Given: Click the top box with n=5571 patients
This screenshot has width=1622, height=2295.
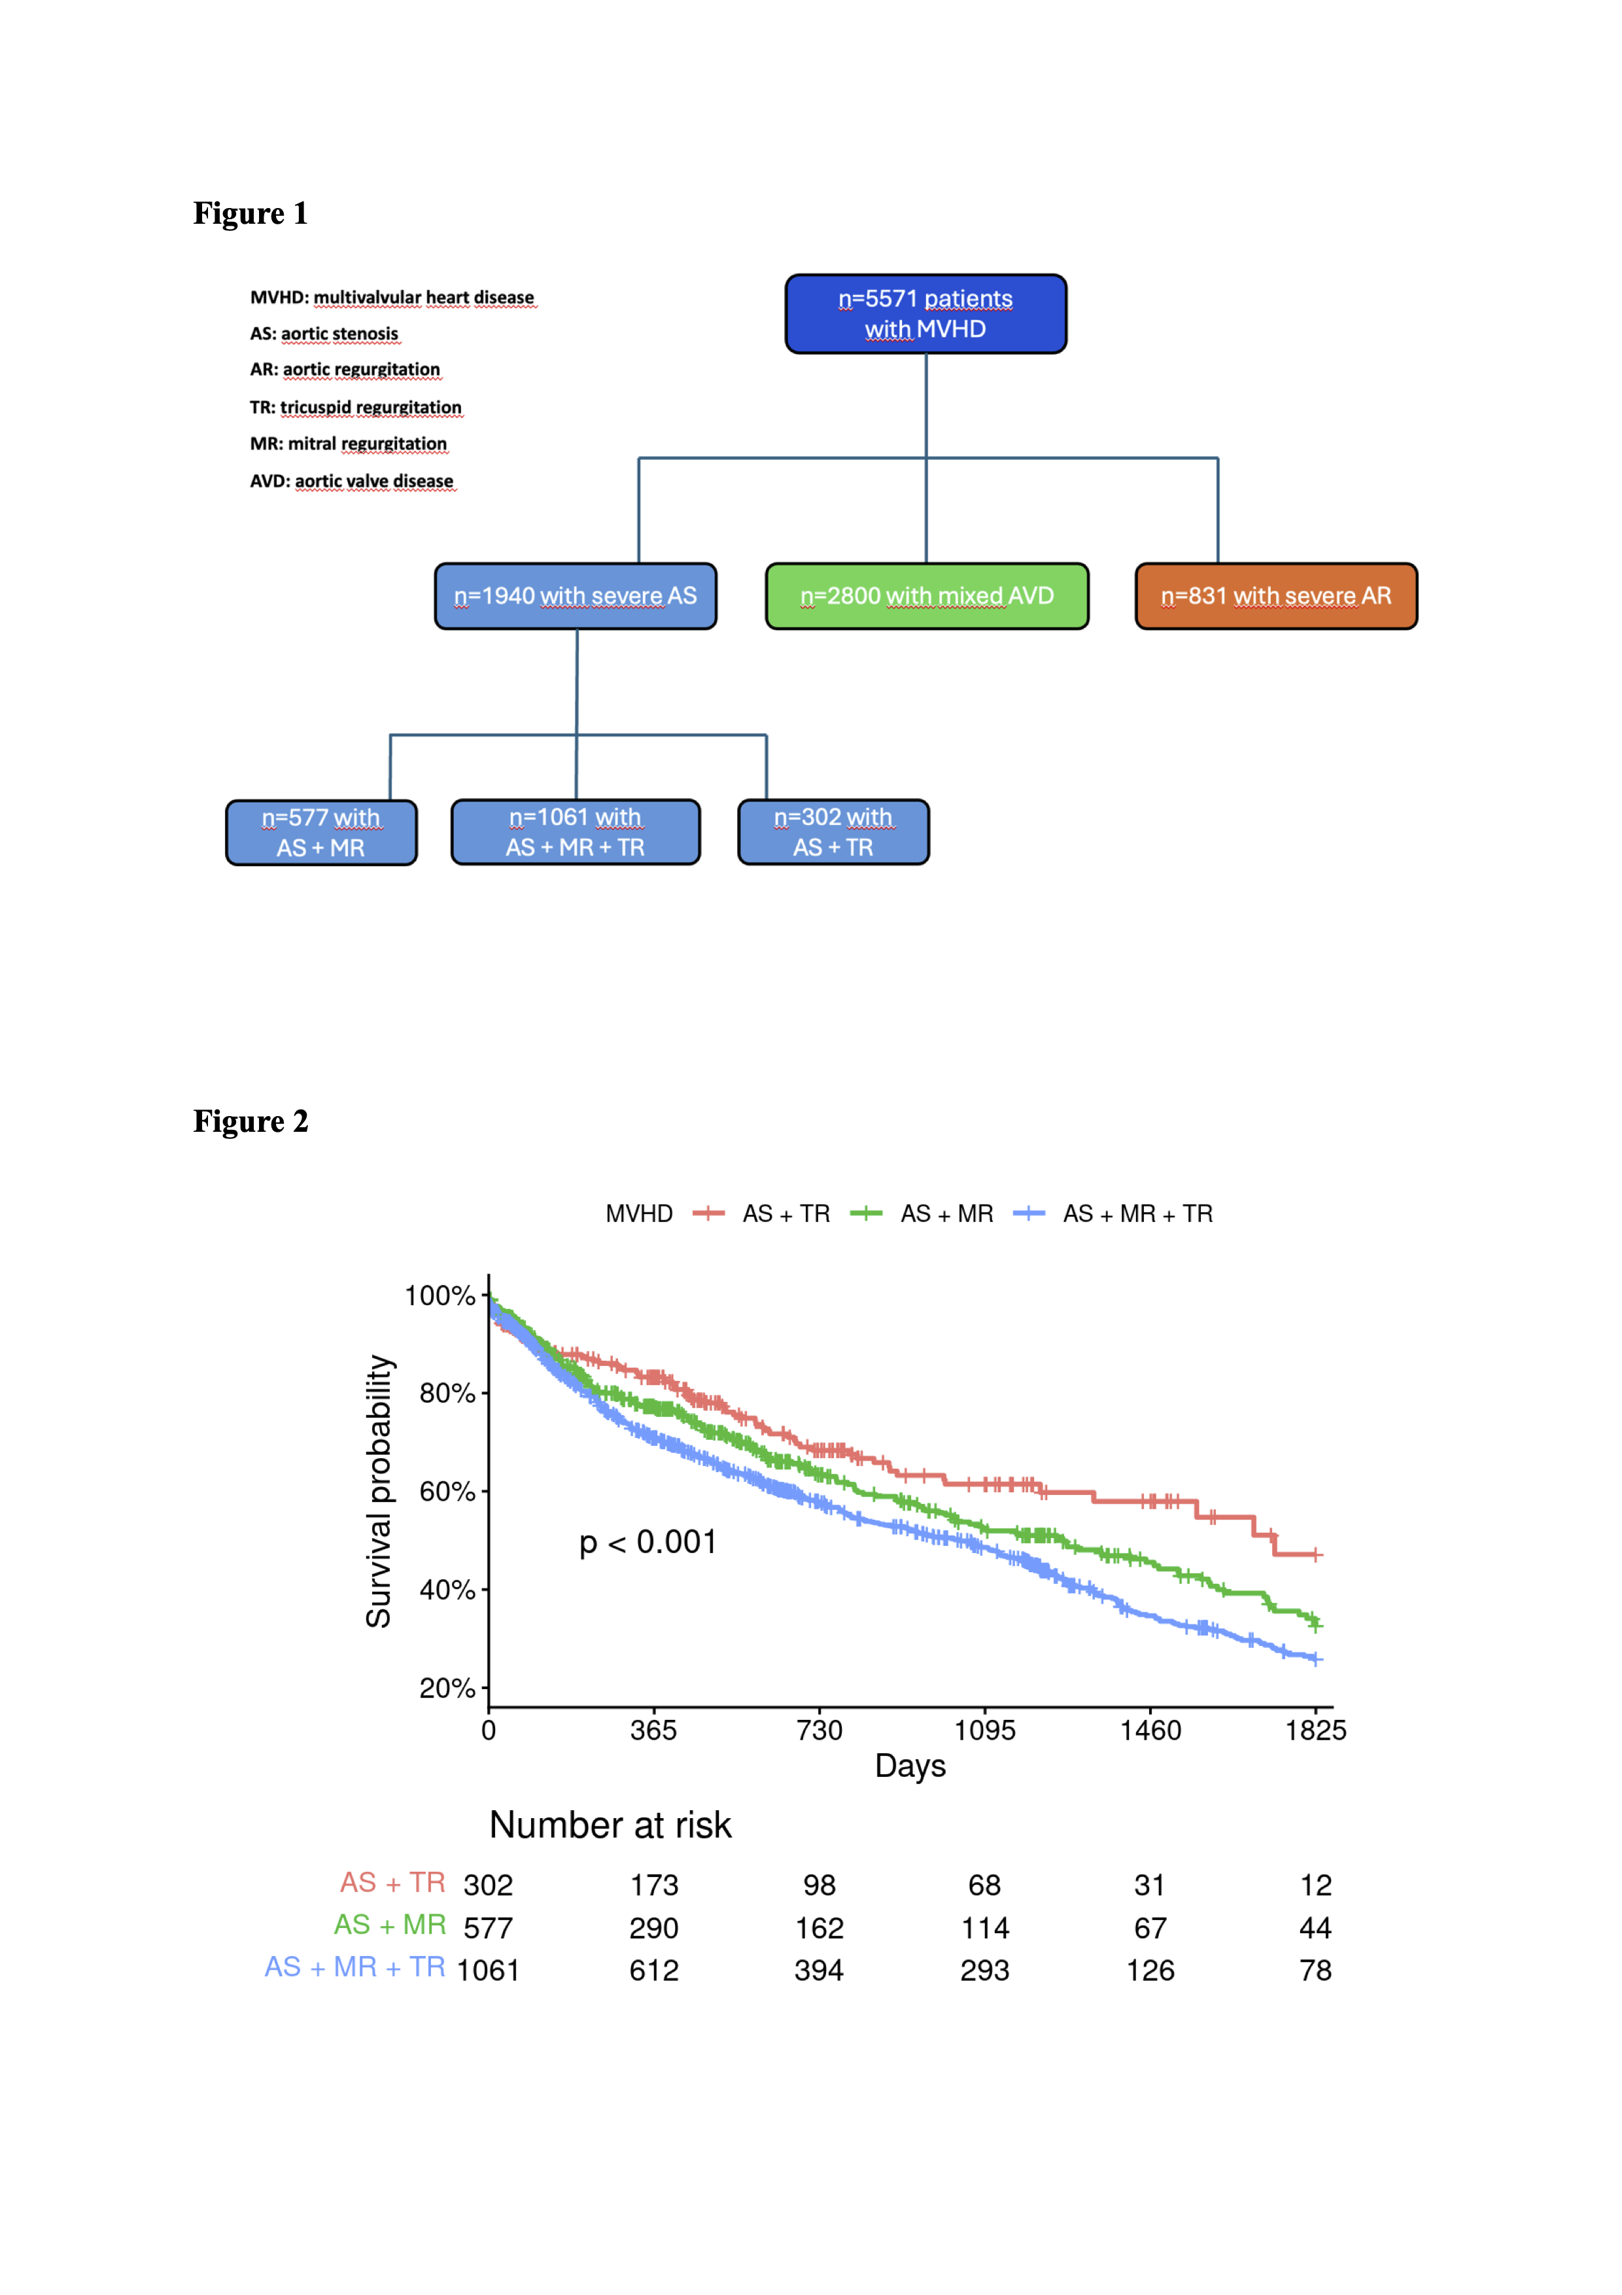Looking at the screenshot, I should [x=925, y=314].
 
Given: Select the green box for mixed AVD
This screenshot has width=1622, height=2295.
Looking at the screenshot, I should [x=926, y=596].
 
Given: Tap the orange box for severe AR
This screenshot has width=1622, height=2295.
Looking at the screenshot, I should [x=1275, y=596].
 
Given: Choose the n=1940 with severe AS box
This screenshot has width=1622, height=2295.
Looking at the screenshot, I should [x=575, y=596].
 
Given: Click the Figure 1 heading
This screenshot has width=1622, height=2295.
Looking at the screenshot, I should [x=250, y=213].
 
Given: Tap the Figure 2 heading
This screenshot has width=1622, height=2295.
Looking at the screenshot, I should [x=250, y=1121].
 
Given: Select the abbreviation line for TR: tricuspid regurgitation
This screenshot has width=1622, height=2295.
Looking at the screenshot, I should [x=356, y=407].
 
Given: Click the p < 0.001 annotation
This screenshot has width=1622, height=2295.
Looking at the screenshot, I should [x=647, y=1543].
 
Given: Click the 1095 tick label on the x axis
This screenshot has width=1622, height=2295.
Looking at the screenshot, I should [x=984, y=1730].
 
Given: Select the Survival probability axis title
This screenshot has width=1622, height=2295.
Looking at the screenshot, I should [x=379, y=1492].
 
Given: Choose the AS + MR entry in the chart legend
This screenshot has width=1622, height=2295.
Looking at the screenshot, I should [x=946, y=1214].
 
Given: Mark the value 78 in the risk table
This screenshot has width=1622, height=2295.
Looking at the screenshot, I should [x=1315, y=1970].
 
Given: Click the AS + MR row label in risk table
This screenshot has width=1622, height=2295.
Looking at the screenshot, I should [x=390, y=1925].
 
